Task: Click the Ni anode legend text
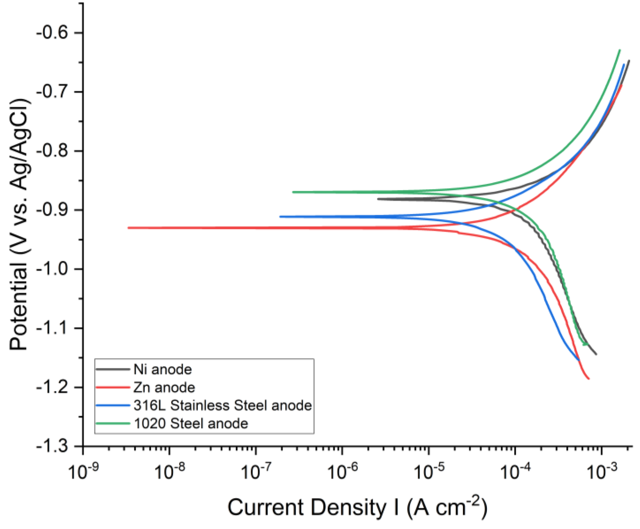pyautogui.click(x=163, y=369)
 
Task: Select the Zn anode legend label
pyautogui.click(x=164, y=387)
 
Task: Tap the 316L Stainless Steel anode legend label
pyautogui.click(x=223, y=405)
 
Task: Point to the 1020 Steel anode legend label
pyautogui.click(x=191, y=423)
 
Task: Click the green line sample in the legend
pyautogui.click(x=112, y=423)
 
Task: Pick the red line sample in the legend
pyautogui.click(x=112, y=387)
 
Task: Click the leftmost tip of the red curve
pyautogui.click(x=128, y=228)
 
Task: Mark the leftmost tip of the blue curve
pyautogui.click(x=280, y=217)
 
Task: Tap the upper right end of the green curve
pyautogui.click(x=620, y=50)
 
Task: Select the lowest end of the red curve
pyautogui.click(x=589, y=379)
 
